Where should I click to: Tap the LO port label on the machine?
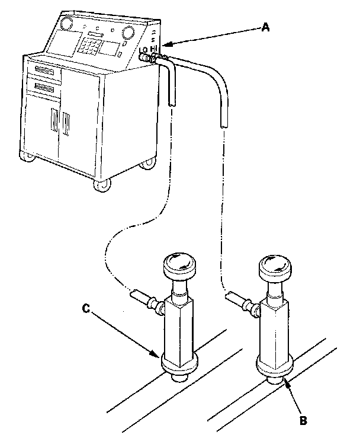[x=144, y=52]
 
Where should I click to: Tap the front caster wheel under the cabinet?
[x=101, y=185]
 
